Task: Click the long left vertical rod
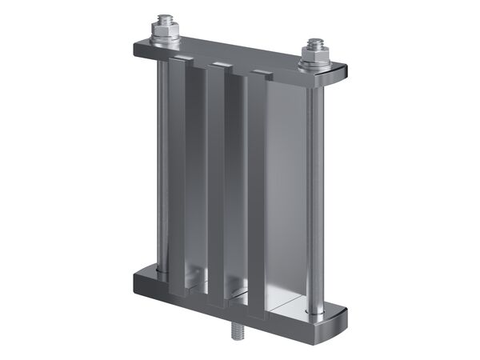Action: point(163,160)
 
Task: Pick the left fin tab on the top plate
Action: point(181,61)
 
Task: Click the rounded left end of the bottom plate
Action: point(138,280)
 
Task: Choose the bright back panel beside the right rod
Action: point(284,192)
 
